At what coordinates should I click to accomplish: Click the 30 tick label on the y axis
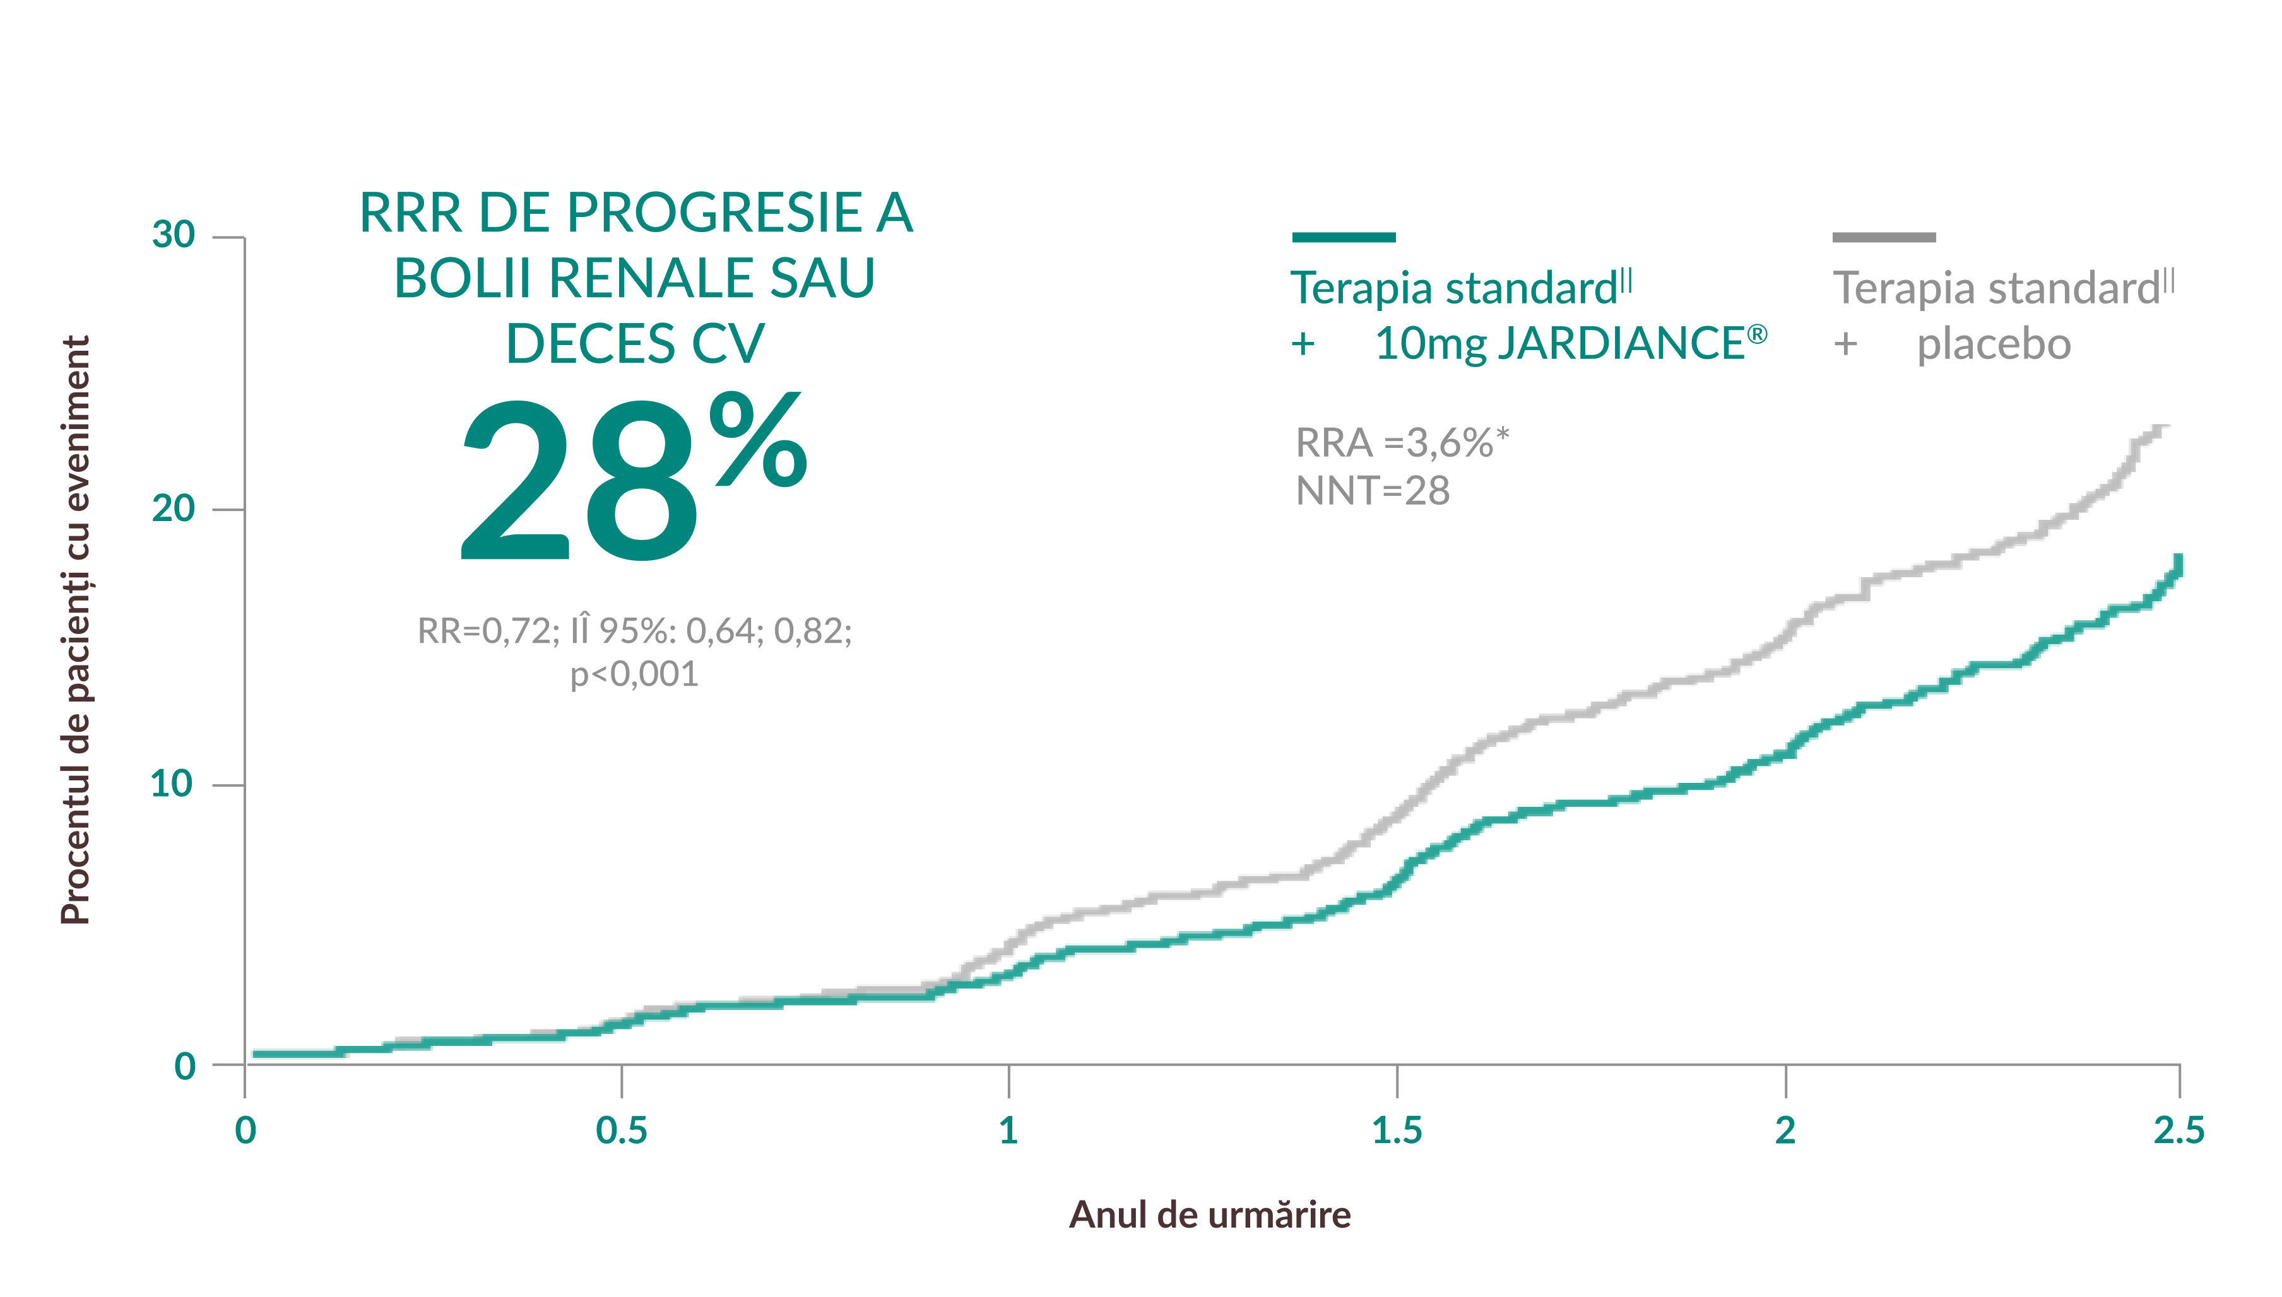click(x=173, y=235)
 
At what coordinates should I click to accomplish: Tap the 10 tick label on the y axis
click(x=171, y=784)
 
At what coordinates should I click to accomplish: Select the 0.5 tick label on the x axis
click(x=621, y=1130)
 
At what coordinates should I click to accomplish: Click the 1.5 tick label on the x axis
click(x=1397, y=1130)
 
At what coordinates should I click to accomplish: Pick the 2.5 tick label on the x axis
click(x=2178, y=1130)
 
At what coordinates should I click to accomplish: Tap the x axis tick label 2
click(x=1785, y=1130)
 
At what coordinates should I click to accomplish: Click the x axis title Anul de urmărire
click(x=1209, y=1215)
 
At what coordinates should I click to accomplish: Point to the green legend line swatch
click(x=1343, y=237)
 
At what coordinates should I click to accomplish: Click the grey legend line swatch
click(x=1884, y=237)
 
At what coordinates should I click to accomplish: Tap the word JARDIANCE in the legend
click(x=1620, y=344)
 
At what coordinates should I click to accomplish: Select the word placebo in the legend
click(x=1994, y=344)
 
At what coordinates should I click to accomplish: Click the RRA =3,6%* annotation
click(x=1402, y=443)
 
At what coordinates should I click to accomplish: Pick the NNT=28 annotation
click(x=1372, y=491)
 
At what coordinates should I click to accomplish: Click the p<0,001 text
click(x=634, y=674)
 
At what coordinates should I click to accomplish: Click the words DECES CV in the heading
click(x=634, y=344)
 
